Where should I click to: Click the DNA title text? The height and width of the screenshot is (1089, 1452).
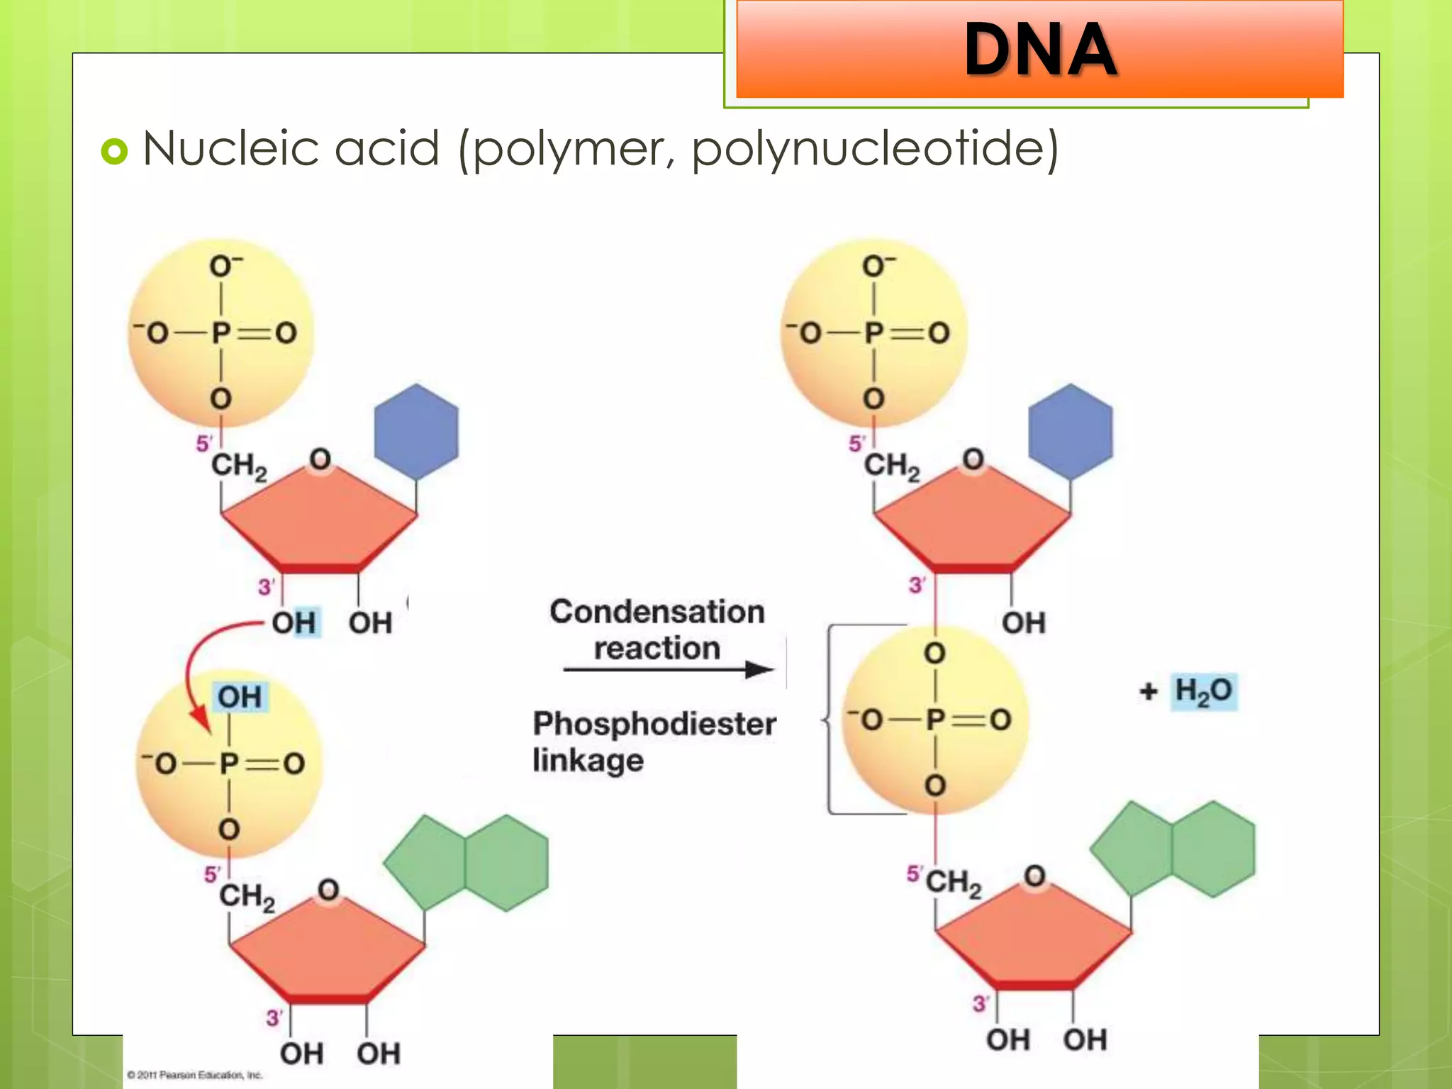click(x=1040, y=49)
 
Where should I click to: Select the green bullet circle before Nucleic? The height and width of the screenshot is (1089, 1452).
click(x=114, y=151)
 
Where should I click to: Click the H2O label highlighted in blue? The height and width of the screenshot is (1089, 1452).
click(x=1203, y=691)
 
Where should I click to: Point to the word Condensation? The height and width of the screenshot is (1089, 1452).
click(x=657, y=612)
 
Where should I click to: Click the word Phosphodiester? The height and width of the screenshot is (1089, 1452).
click(x=654, y=724)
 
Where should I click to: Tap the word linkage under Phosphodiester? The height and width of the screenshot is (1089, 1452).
click(x=588, y=760)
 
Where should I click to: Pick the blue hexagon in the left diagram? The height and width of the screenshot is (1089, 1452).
click(x=416, y=432)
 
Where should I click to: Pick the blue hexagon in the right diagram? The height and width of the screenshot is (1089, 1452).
click(x=1070, y=432)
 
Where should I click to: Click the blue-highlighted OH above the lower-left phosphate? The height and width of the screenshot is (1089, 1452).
click(x=240, y=697)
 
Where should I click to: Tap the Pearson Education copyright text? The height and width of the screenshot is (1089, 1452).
click(x=194, y=1076)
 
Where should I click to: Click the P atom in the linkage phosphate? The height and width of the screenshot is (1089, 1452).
click(x=935, y=720)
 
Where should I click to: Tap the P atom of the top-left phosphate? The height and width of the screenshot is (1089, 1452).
click(x=221, y=333)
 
